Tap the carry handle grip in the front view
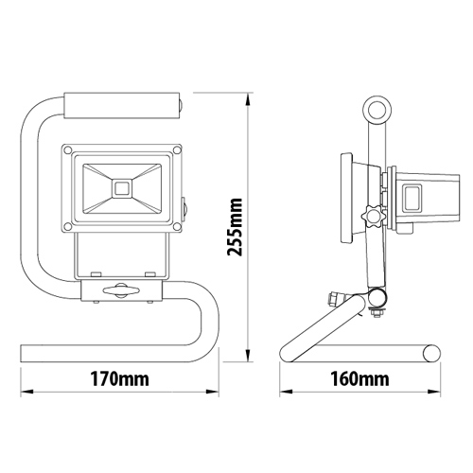(122, 102)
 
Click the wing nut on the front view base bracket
(121, 293)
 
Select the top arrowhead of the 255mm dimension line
(249, 96)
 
